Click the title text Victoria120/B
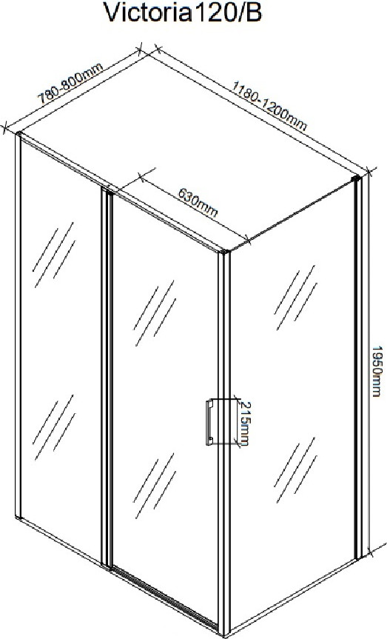pyautogui.click(x=183, y=13)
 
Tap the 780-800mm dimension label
pyautogui.click(x=70, y=84)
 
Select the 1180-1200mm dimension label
pyautogui.click(x=269, y=106)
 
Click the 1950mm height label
pyautogui.click(x=377, y=371)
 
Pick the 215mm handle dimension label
pyautogui.click(x=245, y=424)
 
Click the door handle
pyautogui.click(x=209, y=422)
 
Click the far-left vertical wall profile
pyautogui.click(x=18, y=325)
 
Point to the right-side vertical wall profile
pyautogui.click(x=358, y=367)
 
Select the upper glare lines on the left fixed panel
pyautogui.click(x=54, y=255)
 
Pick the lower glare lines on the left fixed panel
pyautogui.click(x=54, y=427)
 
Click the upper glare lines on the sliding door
pyautogui.click(x=155, y=313)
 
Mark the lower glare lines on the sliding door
pyautogui.click(x=155, y=486)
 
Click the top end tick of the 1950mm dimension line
pyautogui.click(x=369, y=172)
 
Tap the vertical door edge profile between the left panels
pyautogui.click(x=107, y=378)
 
